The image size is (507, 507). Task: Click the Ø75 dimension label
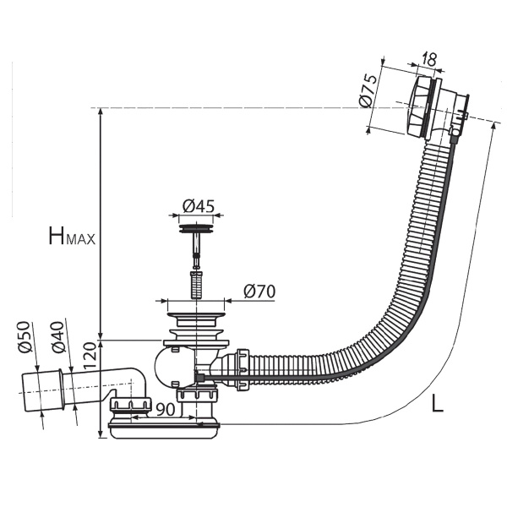[x=368, y=91]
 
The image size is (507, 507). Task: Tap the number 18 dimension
[x=429, y=59]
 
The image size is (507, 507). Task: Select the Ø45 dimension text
[x=199, y=206]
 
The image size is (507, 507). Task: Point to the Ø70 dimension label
[x=259, y=292]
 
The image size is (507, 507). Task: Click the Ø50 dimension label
[x=25, y=336]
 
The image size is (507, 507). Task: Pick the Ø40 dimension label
[x=58, y=336]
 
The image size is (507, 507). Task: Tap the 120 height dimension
[x=90, y=357]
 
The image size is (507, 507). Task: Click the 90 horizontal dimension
[x=166, y=410]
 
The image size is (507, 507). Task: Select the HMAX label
[x=72, y=236]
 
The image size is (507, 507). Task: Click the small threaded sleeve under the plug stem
[x=196, y=286]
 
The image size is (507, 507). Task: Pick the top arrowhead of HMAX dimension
[x=101, y=112]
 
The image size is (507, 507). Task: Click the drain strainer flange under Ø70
[x=196, y=315]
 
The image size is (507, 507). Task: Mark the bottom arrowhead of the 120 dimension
[x=101, y=434]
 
